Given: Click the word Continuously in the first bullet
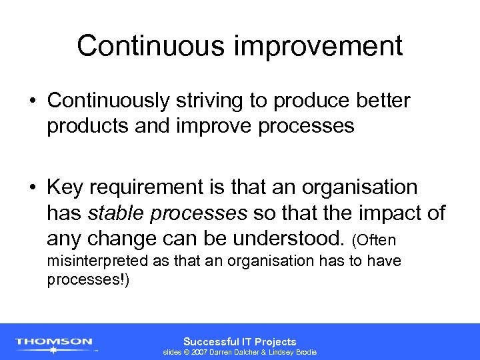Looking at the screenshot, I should (107, 100).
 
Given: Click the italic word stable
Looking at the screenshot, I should (114, 213).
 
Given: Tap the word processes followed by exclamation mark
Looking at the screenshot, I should (88, 280).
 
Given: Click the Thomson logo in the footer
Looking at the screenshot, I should (55, 343).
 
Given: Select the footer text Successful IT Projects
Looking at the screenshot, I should (239, 341).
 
